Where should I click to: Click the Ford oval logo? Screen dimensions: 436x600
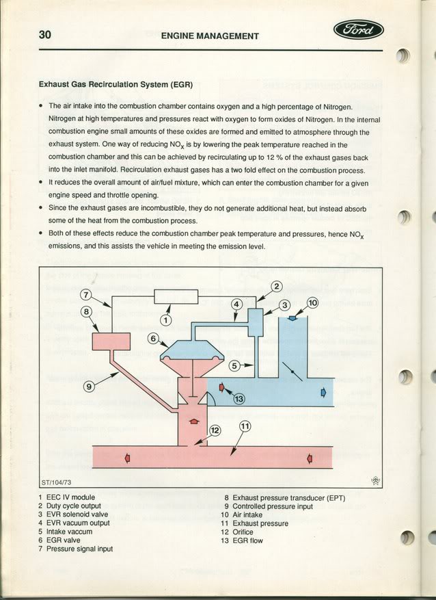[358, 30]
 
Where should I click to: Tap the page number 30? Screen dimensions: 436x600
[44, 35]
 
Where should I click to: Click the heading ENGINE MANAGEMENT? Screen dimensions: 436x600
[210, 36]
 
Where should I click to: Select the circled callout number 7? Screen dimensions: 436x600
[86, 295]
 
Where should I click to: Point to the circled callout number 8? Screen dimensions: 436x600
[86, 311]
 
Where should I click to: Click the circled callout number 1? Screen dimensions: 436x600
[165, 320]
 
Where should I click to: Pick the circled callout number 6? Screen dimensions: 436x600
[153, 338]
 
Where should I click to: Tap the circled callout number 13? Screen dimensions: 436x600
[239, 399]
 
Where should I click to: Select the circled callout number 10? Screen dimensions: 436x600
[312, 303]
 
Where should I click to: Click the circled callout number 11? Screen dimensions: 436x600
[245, 426]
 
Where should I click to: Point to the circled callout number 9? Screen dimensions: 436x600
[89, 386]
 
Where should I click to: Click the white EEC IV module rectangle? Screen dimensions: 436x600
[176, 297]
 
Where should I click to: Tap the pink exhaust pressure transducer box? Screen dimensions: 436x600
[111, 341]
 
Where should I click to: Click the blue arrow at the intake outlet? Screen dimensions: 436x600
[323, 393]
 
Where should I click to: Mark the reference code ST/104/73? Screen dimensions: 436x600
[56, 482]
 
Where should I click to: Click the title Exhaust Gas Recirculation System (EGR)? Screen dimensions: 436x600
[115, 85]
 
